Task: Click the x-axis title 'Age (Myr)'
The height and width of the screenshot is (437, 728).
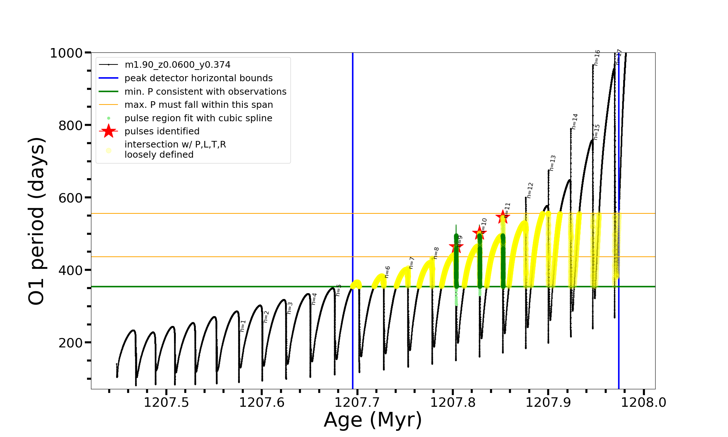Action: click(373, 420)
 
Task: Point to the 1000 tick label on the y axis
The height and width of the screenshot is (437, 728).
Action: click(66, 53)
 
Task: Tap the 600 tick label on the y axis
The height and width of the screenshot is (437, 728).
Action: click(71, 198)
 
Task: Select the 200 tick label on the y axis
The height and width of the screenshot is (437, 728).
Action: click(71, 343)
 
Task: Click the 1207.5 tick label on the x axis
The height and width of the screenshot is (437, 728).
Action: click(166, 403)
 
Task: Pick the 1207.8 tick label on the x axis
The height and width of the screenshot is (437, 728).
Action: click(453, 403)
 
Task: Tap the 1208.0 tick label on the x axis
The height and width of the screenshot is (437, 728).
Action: click(644, 403)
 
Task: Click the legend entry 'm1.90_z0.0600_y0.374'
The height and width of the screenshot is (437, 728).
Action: click(177, 65)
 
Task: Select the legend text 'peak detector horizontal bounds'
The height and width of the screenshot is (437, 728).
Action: click(198, 78)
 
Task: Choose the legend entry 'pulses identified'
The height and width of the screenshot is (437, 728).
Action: click(162, 131)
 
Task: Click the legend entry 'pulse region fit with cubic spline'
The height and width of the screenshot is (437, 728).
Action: click(198, 118)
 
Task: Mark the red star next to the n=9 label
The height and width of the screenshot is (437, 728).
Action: click(456, 247)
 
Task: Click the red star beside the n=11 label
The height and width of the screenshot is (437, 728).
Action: click(503, 217)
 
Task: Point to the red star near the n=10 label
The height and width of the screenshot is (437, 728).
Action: click(479, 233)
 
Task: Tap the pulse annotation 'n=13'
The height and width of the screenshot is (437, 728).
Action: click(553, 163)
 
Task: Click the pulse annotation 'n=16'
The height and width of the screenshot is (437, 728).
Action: click(597, 58)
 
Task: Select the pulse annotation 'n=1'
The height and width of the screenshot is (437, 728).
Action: click(243, 326)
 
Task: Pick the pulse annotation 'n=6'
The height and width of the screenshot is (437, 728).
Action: click(387, 272)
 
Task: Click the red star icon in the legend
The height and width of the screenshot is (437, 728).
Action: click(108, 131)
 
